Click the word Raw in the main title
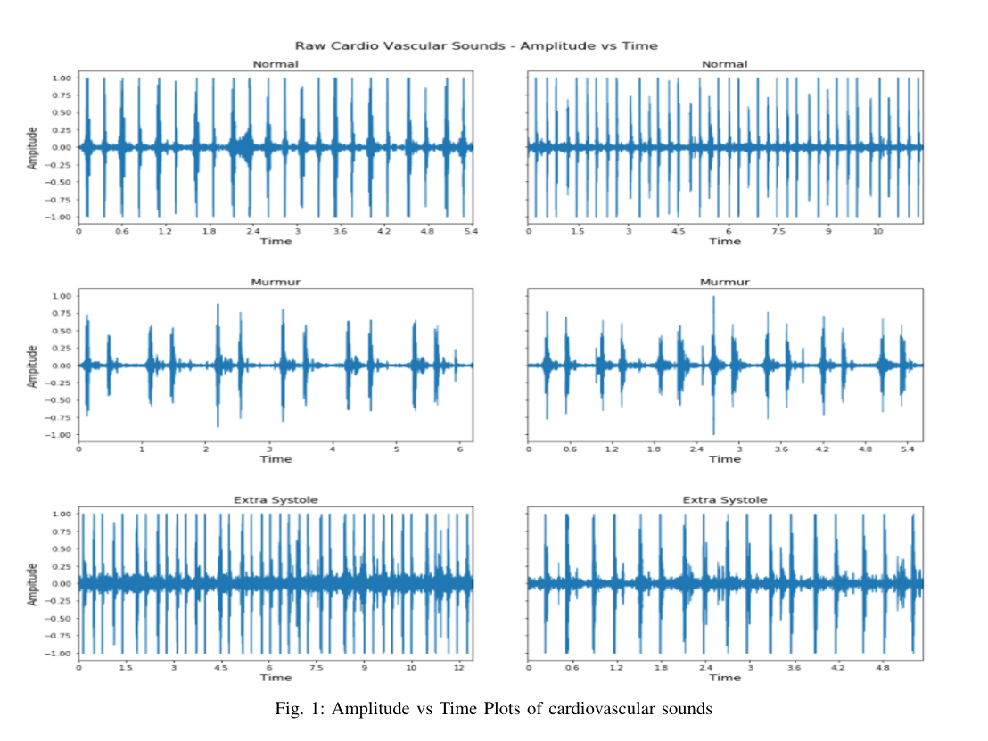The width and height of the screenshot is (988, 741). click(309, 45)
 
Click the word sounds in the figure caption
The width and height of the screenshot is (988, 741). click(687, 710)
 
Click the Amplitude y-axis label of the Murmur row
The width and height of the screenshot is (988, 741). click(33, 366)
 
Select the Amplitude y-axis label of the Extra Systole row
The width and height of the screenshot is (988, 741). click(33, 584)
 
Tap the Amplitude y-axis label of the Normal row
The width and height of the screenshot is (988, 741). click(33, 148)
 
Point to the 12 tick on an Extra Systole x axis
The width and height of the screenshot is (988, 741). click(457, 667)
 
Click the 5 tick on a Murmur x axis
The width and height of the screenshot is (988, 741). click(396, 449)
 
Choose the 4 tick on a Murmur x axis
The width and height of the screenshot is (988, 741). click(333, 449)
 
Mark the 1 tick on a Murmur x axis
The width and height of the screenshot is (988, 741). click(142, 449)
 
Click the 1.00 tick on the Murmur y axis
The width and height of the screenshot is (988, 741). click(62, 295)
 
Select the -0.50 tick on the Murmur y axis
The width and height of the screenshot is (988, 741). click(60, 400)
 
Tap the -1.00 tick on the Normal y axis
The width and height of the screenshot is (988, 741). click(60, 217)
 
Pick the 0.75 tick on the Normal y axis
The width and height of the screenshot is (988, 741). click(62, 95)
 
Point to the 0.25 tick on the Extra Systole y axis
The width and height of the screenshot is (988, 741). click(62, 566)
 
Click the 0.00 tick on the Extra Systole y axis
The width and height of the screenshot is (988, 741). click(62, 584)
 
